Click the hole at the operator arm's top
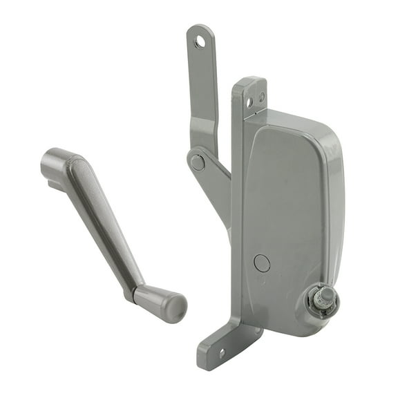[200, 43]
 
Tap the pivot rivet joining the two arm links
[198, 162]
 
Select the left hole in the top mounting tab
[249, 102]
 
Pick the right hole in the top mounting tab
[261, 97]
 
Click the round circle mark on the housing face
[262, 263]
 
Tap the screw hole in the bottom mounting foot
[221, 353]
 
